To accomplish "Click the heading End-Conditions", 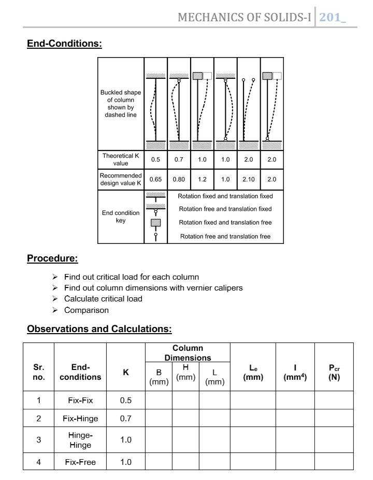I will pos(64,44).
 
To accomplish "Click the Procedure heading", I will pos(52,258).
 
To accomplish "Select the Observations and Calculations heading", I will pos(99,328).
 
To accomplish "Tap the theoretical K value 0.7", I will pos(179,160).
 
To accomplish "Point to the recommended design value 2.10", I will pos(249,180).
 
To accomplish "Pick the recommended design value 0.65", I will pos(155,180).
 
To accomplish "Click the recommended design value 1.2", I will pos(202,180).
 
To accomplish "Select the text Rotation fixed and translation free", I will pos(225,223).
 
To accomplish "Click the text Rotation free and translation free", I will pos(225,237).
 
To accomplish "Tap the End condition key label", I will pos(121,216).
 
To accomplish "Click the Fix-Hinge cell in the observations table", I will pos(80,418).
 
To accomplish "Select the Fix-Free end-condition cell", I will pos(80,462).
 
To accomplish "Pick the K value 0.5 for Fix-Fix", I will pos(126,401).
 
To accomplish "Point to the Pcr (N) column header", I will pos(334,373).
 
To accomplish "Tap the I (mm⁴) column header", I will pos(295,373).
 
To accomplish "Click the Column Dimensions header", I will pos(188,353).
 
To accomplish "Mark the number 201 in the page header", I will pos(329,18).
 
